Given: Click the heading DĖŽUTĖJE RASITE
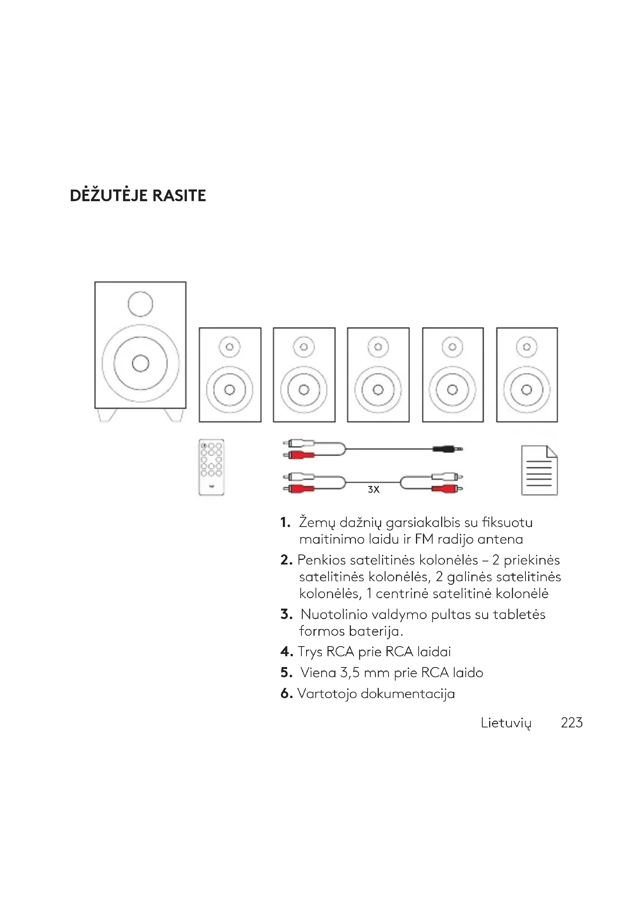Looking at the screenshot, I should [137, 195].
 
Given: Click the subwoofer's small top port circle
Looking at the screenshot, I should [140, 304].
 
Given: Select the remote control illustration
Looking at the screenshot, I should [212, 467].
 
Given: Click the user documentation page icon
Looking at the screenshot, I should [539, 470].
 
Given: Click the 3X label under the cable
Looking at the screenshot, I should [373, 489].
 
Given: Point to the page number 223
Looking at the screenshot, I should [572, 722].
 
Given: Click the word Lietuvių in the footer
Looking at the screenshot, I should [506, 723].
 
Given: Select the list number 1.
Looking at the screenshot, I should [285, 523].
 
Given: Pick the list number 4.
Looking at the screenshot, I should [286, 652].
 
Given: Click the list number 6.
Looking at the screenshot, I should [286, 693].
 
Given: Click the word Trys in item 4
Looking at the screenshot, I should [310, 652].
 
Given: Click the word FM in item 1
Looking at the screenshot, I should [424, 539].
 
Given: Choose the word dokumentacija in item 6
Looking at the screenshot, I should [407, 693].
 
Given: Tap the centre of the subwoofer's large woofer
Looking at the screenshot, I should [140, 363].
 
